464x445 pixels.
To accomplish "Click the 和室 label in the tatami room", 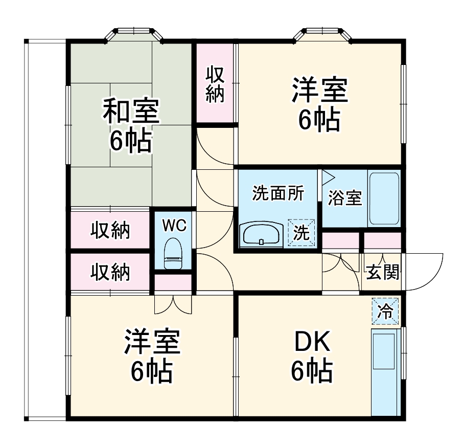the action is tap(131, 112).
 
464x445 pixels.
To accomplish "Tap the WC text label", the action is tap(175, 226).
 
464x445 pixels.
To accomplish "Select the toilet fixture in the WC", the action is tap(173, 253).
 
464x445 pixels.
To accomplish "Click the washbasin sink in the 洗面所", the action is tap(261, 235).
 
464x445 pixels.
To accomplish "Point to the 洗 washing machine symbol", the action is tap(301, 233).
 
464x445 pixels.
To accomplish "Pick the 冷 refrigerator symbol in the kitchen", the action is tap(385, 311).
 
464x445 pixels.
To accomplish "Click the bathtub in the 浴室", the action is tap(384, 199).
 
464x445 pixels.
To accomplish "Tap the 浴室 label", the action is tap(345, 198).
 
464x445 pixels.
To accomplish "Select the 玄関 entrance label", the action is tap(383, 272).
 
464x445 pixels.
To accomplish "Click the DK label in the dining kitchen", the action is tap(312, 342).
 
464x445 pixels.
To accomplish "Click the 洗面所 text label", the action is tap(278, 193).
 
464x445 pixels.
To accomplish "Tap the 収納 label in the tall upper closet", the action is tap(215, 84).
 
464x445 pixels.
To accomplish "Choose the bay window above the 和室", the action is tap(134, 35).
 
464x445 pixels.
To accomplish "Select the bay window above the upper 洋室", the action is tap(322, 35).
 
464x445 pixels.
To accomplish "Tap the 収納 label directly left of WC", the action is tap(110, 230).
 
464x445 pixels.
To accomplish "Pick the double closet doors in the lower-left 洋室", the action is tap(173, 304).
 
